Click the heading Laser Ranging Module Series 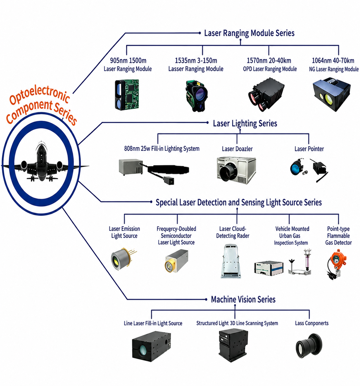click(x=249, y=33)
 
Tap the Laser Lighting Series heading click(x=245, y=123)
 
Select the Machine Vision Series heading click(x=243, y=299)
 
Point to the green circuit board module click(x=127, y=95)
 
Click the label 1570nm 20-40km click(x=269, y=61)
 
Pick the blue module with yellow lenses click(x=331, y=94)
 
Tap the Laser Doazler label click(x=237, y=149)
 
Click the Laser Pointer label click(x=309, y=149)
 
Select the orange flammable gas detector click(x=336, y=264)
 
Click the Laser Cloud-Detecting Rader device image click(x=231, y=261)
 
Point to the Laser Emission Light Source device click(x=123, y=259)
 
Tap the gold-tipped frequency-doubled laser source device click(x=177, y=261)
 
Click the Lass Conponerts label click(x=312, y=323)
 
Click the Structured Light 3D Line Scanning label click(x=237, y=323)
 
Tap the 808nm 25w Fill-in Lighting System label click(x=162, y=149)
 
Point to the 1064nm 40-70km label click(x=333, y=61)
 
